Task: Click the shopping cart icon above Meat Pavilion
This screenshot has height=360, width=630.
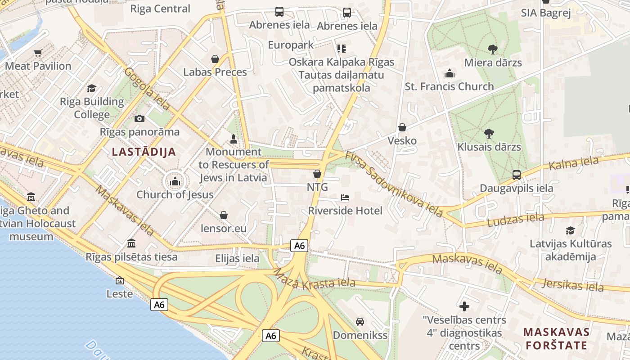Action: coord(38,53)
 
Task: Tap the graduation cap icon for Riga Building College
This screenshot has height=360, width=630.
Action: coord(92,88)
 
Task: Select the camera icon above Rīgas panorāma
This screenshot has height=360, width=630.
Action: coord(139,118)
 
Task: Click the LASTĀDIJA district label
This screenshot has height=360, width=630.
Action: coord(144,152)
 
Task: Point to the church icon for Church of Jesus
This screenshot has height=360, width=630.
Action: coord(175,181)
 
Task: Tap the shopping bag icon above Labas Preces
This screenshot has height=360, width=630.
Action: coord(215,59)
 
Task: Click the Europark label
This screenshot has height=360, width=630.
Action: coord(291,45)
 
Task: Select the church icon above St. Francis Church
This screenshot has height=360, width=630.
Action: coord(449,73)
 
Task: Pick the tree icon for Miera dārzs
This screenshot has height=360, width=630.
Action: coord(493,49)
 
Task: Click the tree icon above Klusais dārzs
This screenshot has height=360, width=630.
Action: coord(489,134)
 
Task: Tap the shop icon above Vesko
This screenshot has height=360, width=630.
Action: coord(402,127)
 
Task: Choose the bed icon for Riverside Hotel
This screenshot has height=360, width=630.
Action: coord(345,198)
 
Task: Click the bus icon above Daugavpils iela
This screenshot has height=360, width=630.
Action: coord(517,175)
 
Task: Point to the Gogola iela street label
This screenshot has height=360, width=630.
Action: coord(147,89)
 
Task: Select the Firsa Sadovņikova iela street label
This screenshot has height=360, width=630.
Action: coord(394,184)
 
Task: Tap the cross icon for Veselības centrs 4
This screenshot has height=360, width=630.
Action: coord(464,307)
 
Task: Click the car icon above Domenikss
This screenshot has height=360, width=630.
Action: coord(360,322)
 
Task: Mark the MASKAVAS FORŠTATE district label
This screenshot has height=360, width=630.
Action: coord(556,339)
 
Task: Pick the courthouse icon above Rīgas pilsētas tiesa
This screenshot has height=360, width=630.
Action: coord(131,243)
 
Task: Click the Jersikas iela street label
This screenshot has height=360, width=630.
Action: coord(572,285)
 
